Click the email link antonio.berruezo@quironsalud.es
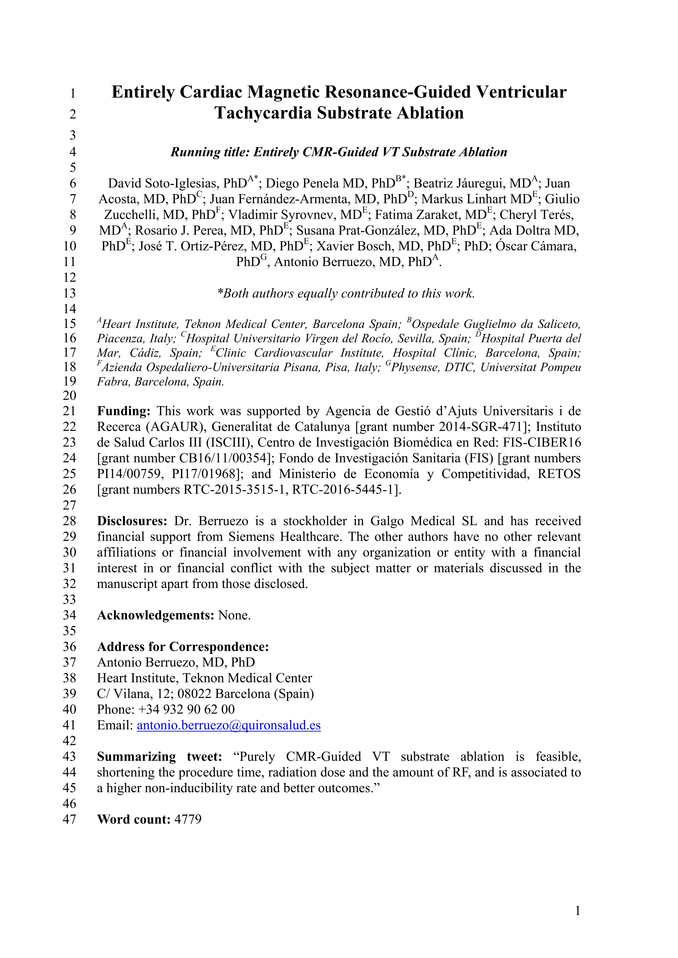coord(229,725)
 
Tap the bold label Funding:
coord(124,411)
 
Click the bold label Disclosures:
coord(132,521)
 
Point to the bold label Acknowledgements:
coord(155,615)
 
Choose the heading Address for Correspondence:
coord(183,647)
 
